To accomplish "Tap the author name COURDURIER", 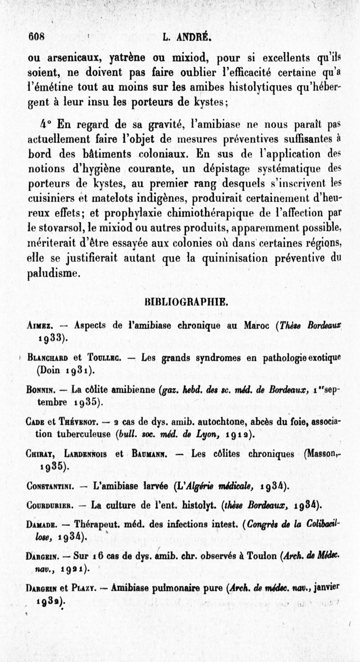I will point(50,505).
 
